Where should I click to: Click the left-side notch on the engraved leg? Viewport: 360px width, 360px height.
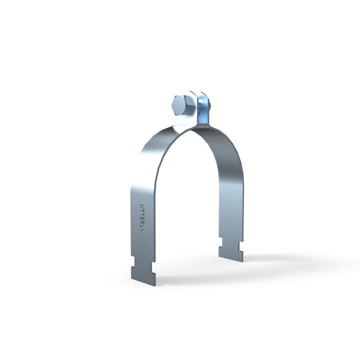point(134,261)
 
